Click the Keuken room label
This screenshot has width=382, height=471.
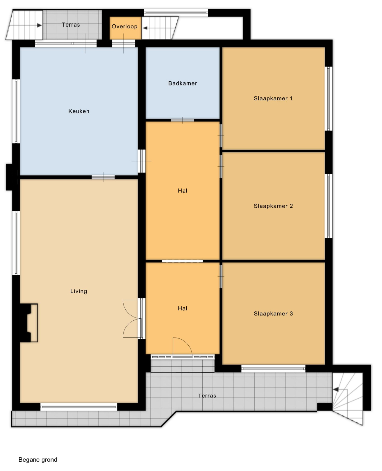click(x=79, y=111)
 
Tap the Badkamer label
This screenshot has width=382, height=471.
click(x=182, y=83)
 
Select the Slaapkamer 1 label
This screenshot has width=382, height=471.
click(x=273, y=98)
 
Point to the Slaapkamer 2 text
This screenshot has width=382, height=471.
click(x=273, y=206)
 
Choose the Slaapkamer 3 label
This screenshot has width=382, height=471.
click(x=273, y=313)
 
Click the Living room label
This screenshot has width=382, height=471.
click(x=79, y=291)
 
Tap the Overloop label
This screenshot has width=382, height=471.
click(x=124, y=26)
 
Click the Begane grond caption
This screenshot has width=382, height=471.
click(x=38, y=460)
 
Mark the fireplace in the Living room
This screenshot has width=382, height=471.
click(x=29, y=323)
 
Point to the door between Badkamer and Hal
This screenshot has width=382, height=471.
click(x=182, y=120)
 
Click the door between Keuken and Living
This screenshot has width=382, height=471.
click(x=103, y=177)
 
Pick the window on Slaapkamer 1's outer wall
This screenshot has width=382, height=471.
click(x=328, y=99)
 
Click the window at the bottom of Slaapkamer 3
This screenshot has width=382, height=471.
click(x=273, y=369)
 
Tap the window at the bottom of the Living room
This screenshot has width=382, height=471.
click(x=79, y=407)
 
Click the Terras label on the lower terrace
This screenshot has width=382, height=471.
click(x=207, y=396)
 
